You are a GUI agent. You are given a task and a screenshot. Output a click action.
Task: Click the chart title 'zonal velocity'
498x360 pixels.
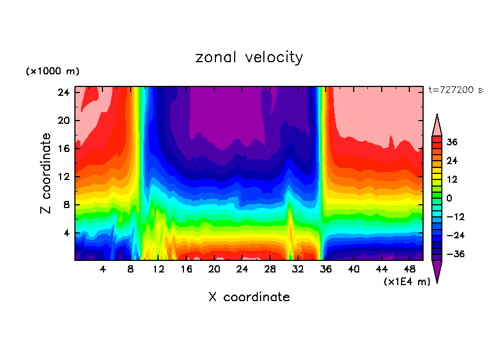click(x=249, y=57)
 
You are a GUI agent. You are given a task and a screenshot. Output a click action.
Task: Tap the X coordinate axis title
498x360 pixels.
click(x=249, y=297)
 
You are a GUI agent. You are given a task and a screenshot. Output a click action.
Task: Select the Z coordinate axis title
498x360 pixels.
click(x=46, y=173)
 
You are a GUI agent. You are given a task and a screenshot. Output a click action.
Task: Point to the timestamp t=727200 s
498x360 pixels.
click(x=455, y=90)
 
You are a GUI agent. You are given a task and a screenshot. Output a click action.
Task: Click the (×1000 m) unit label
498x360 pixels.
click(x=52, y=72)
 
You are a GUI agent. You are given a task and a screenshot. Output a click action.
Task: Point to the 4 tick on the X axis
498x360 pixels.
click(x=102, y=269)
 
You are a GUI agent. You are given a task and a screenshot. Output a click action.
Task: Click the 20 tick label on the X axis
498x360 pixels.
click(x=214, y=269)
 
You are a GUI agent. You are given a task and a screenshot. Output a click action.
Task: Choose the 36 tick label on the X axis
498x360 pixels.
click(x=326, y=269)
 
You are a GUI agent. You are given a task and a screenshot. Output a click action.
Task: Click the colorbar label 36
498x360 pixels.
click(x=452, y=142)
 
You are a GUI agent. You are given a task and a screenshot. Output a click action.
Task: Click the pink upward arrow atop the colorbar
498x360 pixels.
click(x=437, y=126)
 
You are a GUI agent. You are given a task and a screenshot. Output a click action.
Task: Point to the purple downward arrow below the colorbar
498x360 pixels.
click(x=437, y=270)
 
